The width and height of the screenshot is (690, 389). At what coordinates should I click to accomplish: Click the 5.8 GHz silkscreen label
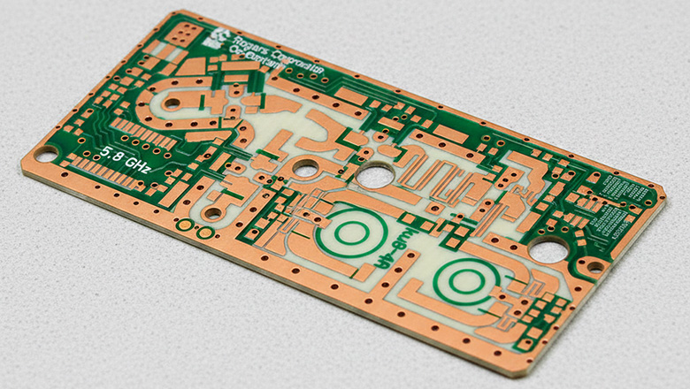(x=124, y=156)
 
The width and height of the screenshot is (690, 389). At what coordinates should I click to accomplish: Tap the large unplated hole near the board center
(x=375, y=176)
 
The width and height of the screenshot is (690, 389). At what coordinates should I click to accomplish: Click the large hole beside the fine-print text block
(x=548, y=250)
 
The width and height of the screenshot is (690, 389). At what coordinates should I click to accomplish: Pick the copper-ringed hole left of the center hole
(x=305, y=167)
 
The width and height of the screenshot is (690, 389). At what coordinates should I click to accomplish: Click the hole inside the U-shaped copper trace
(x=172, y=103)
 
